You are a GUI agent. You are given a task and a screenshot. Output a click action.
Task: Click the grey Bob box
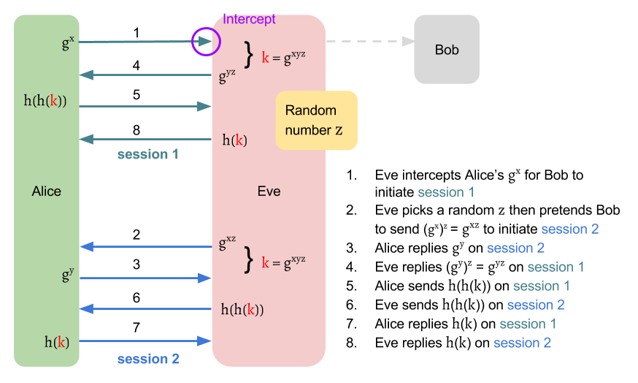(x=447, y=49)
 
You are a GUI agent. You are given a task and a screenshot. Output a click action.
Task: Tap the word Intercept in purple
(x=249, y=19)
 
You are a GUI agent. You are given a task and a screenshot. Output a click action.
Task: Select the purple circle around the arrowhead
(x=206, y=42)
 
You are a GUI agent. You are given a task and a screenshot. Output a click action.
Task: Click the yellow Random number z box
(x=316, y=121)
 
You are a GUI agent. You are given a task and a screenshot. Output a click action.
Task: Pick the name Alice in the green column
(x=47, y=191)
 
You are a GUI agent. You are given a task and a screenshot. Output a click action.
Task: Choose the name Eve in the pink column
(x=269, y=191)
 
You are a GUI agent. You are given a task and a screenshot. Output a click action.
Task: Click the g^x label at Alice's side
(x=68, y=42)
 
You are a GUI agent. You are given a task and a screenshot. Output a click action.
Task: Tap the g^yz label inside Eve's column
(x=227, y=75)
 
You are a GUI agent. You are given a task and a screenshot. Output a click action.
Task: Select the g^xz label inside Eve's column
(x=227, y=243)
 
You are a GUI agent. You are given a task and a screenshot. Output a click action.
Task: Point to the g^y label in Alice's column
(x=68, y=276)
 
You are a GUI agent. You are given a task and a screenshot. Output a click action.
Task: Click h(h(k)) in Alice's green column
(x=45, y=102)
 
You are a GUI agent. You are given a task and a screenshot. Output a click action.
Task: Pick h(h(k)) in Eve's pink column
(x=242, y=309)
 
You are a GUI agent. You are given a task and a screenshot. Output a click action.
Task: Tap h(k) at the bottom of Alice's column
(x=57, y=341)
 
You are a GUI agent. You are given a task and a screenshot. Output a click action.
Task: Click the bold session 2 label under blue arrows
(x=148, y=359)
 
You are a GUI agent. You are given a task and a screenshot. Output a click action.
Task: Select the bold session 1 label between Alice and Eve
(x=148, y=155)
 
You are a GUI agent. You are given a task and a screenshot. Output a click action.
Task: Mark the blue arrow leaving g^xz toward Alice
(x=146, y=246)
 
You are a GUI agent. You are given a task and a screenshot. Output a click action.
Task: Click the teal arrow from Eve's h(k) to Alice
(x=146, y=139)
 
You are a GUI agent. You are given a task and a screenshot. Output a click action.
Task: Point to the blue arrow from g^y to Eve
(x=146, y=278)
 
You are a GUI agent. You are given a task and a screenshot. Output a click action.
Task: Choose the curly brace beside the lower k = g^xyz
(x=250, y=259)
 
